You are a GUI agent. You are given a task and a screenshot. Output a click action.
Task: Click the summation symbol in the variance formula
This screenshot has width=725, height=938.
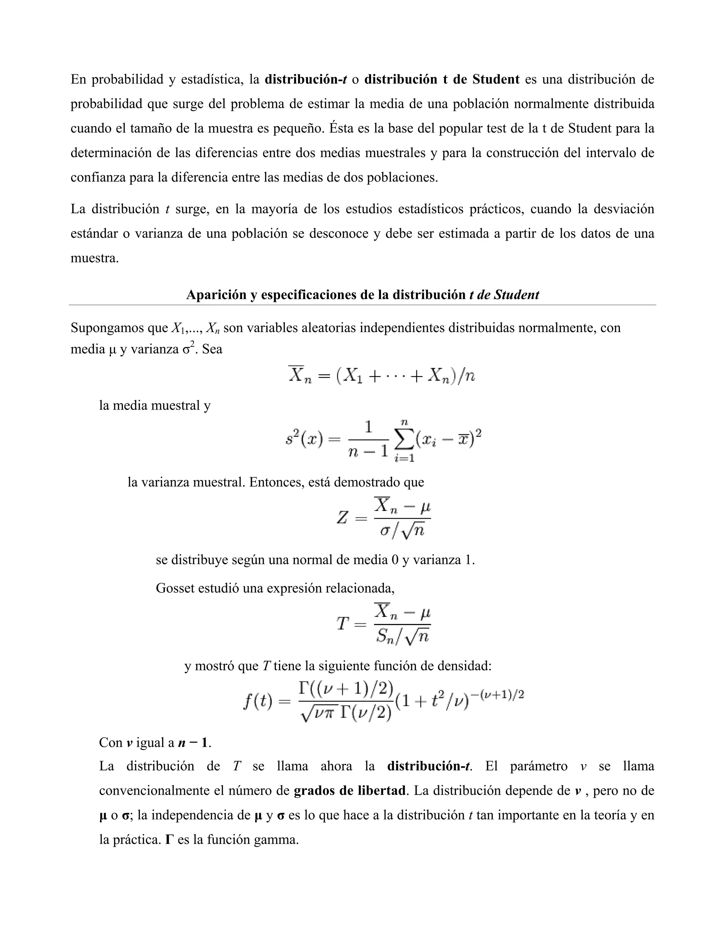click(x=404, y=440)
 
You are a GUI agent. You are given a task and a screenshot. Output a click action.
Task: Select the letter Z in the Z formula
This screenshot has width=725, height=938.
click(x=342, y=518)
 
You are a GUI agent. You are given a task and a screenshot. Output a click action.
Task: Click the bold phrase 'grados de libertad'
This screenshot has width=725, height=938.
click(x=350, y=791)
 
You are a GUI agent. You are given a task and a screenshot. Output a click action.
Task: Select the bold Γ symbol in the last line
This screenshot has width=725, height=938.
click(x=169, y=840)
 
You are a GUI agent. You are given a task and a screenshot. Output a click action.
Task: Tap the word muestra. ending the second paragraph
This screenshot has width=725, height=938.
click(x=95, y=258)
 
